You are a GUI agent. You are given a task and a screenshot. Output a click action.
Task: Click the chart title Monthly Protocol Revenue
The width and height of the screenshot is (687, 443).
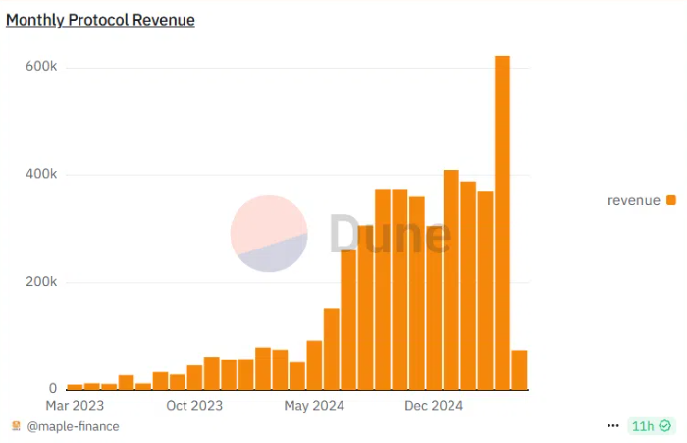(100, 20)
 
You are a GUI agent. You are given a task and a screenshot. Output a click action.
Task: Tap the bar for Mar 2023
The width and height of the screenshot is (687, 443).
(75, 386)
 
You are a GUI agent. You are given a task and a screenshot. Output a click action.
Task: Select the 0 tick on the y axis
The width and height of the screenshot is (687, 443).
(53, 389)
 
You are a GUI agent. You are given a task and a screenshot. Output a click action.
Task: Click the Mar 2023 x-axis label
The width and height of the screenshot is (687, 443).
(75, 405)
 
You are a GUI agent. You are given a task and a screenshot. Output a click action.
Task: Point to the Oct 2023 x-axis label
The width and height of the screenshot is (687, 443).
(194, 405)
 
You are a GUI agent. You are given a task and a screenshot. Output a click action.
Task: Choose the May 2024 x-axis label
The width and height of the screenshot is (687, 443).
(314, 405)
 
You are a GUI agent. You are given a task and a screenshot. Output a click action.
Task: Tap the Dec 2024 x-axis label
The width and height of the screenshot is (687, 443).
(434, 405)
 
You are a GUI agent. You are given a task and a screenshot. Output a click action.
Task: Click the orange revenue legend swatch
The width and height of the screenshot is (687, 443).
(671, 200)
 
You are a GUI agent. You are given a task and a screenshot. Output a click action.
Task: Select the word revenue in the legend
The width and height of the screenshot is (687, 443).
(634, 200)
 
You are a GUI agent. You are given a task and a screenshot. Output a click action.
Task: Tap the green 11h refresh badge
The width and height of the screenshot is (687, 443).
(651, 426)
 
